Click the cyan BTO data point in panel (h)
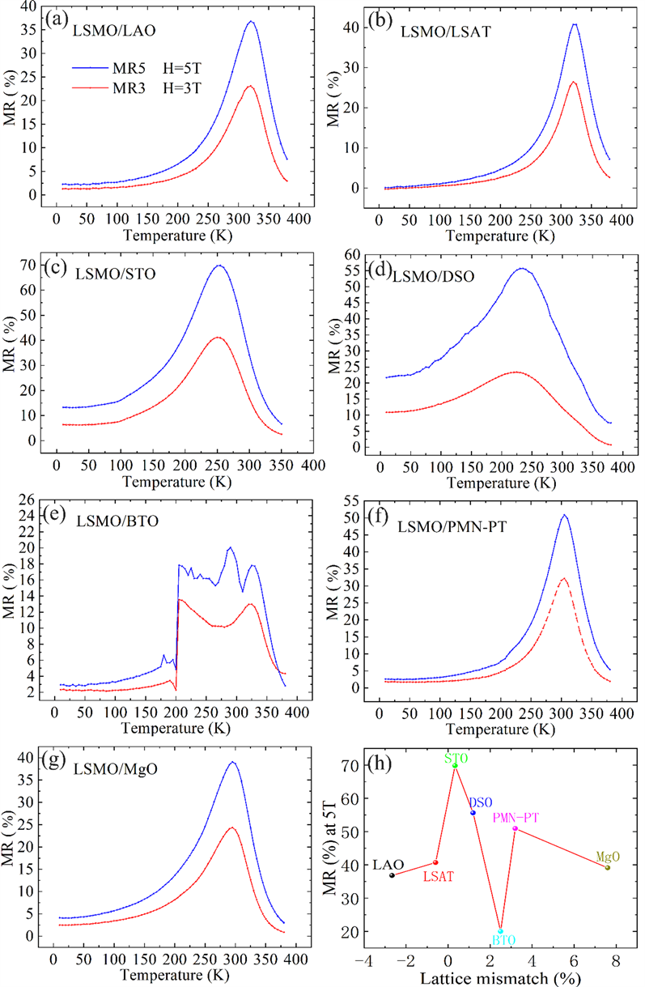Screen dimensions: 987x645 click(501, 931)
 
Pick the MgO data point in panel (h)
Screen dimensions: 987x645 click(608, 868)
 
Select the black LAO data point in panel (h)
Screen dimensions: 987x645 click(393, 875)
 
